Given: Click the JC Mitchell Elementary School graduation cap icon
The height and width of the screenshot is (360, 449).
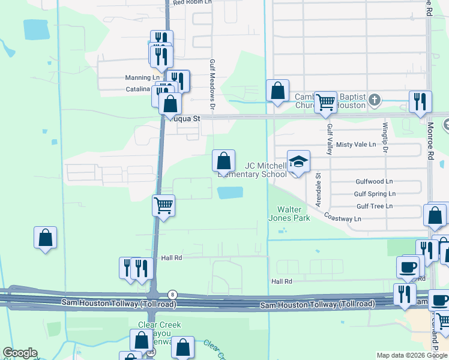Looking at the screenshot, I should click(x=298, y=162).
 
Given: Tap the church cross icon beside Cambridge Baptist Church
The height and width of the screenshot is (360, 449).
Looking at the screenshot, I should click(x=375, y=99).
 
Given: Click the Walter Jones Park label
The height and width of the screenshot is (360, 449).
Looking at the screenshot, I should click(x=294, y=214).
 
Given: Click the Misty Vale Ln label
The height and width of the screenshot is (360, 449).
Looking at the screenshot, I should click(x=356, y=145).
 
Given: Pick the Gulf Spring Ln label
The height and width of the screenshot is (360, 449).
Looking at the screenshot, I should click(x=375, y=194).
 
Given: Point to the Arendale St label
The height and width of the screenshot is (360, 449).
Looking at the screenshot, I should click(x=319, y=187).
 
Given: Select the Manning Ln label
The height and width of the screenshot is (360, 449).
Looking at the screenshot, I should click(x=143, y=78).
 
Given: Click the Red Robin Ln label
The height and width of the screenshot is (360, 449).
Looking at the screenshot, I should click(x=192, y=2).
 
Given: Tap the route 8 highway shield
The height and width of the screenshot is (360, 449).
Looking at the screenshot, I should click(x=173, y=293).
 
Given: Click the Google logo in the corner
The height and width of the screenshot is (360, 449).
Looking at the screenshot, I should click(x=20, y=353).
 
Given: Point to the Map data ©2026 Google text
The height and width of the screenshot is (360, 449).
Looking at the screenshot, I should click(x=411, y=355).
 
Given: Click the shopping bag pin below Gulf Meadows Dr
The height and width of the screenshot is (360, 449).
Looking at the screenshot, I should click(x=223, y=161).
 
